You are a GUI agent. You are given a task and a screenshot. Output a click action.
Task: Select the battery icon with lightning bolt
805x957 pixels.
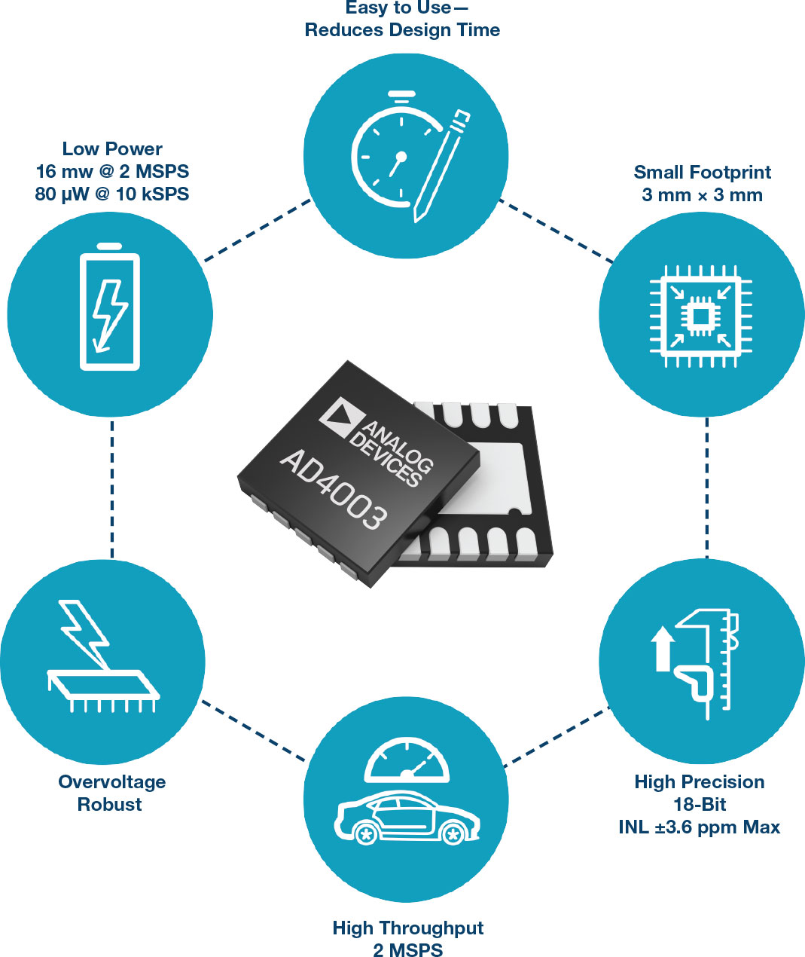tap(110, 309)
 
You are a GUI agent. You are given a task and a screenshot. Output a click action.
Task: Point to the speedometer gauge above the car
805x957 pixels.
tap(407, 761)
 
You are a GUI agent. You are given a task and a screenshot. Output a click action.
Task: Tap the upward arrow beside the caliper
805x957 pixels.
tap(663, 647)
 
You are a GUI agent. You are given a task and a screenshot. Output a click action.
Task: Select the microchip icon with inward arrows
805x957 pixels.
tap(700, 316)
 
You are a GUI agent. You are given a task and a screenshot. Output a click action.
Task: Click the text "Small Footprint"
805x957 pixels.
tap(702, 173)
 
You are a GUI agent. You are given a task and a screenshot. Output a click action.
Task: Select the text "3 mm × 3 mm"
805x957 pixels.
tap(702, 195)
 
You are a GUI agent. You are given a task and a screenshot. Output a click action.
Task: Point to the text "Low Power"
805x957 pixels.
tap(112, 148)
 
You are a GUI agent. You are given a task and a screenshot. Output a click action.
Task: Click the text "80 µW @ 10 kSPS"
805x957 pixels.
tap(112, 194)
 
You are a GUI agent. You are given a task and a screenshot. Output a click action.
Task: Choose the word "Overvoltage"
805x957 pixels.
tap(112, 782)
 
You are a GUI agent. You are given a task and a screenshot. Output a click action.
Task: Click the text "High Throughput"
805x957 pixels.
tap(407, 928)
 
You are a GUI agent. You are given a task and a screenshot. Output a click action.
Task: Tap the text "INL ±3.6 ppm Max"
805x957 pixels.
tap(699, 827)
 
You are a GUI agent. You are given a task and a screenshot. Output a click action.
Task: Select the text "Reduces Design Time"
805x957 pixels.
tap(402, 30)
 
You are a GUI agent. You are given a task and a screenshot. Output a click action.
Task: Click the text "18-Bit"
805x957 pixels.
tap(700, 805)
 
